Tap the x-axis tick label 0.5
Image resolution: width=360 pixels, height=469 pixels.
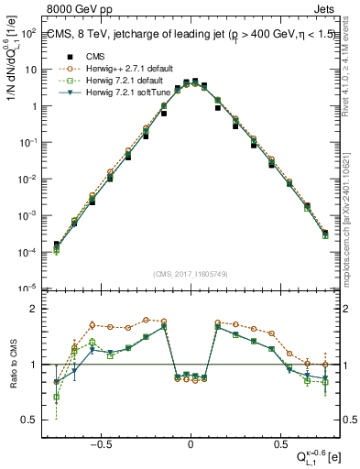pyautogui.click(x=278, y=442)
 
